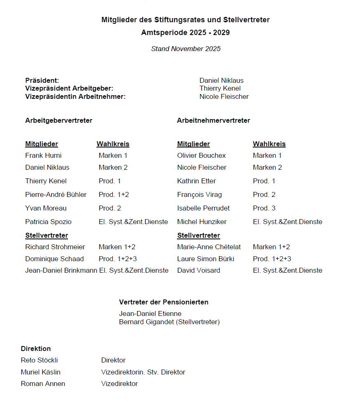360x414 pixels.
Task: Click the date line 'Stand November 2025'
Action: pyautogui.click(x=186, y=49)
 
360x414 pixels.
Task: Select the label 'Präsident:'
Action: pyautogui.click(x=42, y=80)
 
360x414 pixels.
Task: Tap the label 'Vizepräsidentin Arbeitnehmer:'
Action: pyautogui.click(x=75, y=96)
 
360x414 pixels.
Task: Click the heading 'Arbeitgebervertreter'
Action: pyautogui.click(x=59, y=120)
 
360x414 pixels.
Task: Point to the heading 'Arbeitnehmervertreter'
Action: pyautogui.click(x=213, y=120)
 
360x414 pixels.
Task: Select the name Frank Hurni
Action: pyautogui.click(x=43, y=155)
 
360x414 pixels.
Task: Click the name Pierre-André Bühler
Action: pyautogui.click(x=56, y=194)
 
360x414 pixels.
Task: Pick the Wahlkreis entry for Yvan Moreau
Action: pyautogui.click(x=110, y=208)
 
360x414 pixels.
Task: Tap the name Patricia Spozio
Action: pyautogui.click(x=48, y=222)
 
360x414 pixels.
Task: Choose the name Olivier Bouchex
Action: pyautogui.click(x=201, y=155)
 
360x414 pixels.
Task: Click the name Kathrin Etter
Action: pyautogui.click(x=196, y=181)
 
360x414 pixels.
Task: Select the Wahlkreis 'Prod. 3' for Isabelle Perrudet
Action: pyautogui.click(x=264, y=208)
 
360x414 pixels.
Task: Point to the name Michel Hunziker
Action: pyautogui.click(x=202, y=222)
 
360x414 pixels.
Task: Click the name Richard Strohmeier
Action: pyautogui.click(x=55, y=247)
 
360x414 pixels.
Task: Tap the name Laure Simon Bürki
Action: pyautogui.click(x=205, y=259)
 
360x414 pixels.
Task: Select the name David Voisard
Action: pyautogui.click(x=198, y=270)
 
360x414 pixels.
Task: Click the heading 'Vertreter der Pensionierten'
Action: pyautogui.click(x=163, y=302)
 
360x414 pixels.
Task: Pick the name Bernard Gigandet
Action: pyautogui.click(x=146, y=322)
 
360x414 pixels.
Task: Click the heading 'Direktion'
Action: pyautogui.click(x=36, y=349)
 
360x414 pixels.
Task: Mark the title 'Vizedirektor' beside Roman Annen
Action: pyautogui.click(x=119, y=384)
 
